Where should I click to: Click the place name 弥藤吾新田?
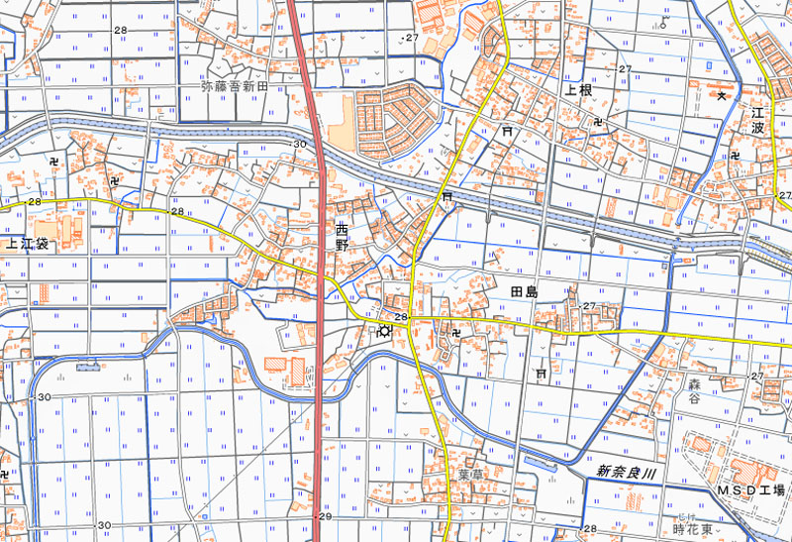[236, 87]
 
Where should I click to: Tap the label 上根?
[578, 90]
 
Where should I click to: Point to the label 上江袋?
[27, 242]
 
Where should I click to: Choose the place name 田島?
[523, 291]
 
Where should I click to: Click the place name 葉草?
[469, 475]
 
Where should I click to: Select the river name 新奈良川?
[627, 474]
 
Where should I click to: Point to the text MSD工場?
[750, 490]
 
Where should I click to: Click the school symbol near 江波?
[723, 95]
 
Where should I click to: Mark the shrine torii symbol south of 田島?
[540, 373]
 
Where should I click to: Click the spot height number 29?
[325, 517]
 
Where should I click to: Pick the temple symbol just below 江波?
[736, 156]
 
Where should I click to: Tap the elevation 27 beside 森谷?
[757, 377]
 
